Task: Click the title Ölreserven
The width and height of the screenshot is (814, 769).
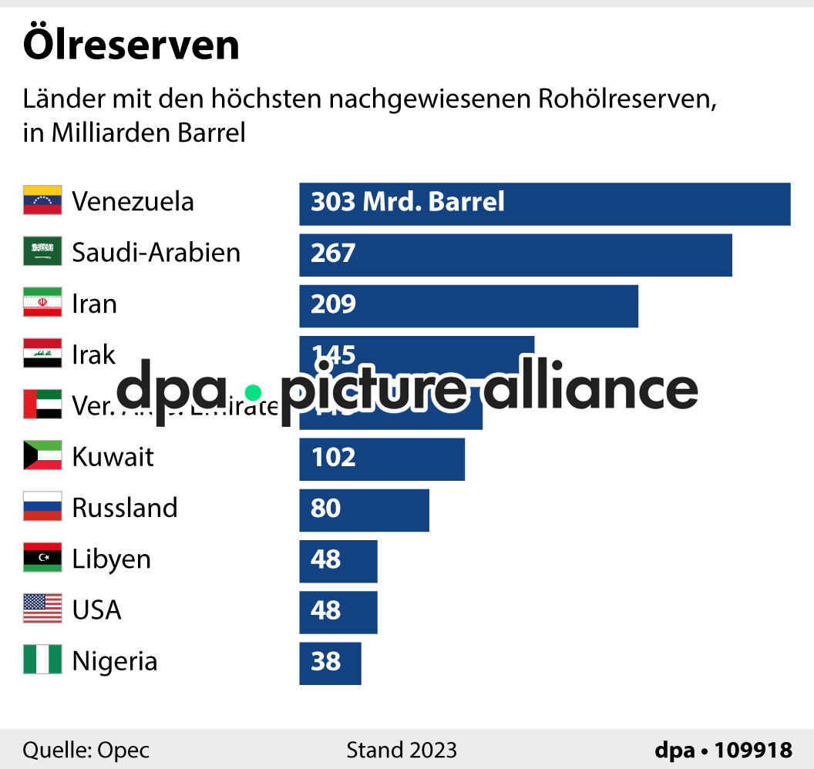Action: point(131,45)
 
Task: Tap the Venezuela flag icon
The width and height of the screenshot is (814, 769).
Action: point(42,200)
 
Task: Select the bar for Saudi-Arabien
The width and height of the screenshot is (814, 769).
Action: point(515,255)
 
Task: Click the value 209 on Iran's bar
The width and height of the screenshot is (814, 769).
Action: point(333,304)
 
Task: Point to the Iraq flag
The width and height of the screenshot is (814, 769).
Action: point(42,354)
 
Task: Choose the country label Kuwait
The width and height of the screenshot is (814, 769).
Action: point(113,456)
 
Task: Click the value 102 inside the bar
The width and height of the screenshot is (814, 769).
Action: point(333,457)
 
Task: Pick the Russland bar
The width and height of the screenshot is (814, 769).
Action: point(364,510)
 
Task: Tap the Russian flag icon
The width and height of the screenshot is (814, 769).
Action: point(42,506)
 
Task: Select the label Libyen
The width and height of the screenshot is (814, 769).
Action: point(111,559)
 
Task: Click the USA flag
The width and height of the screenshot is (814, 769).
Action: point(42,609)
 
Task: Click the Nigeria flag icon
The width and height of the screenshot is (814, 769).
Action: point(42,660)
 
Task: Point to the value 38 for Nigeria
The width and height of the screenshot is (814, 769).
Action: point(325,661)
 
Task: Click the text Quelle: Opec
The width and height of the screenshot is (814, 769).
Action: point(86,750)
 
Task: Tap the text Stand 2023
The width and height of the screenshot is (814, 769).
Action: point(401,750)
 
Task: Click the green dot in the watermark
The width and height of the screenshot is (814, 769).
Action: point(253,391)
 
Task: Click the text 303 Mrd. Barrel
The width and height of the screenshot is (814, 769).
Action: point(407,202)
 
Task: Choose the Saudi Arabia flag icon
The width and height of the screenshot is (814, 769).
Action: point(42,251)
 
